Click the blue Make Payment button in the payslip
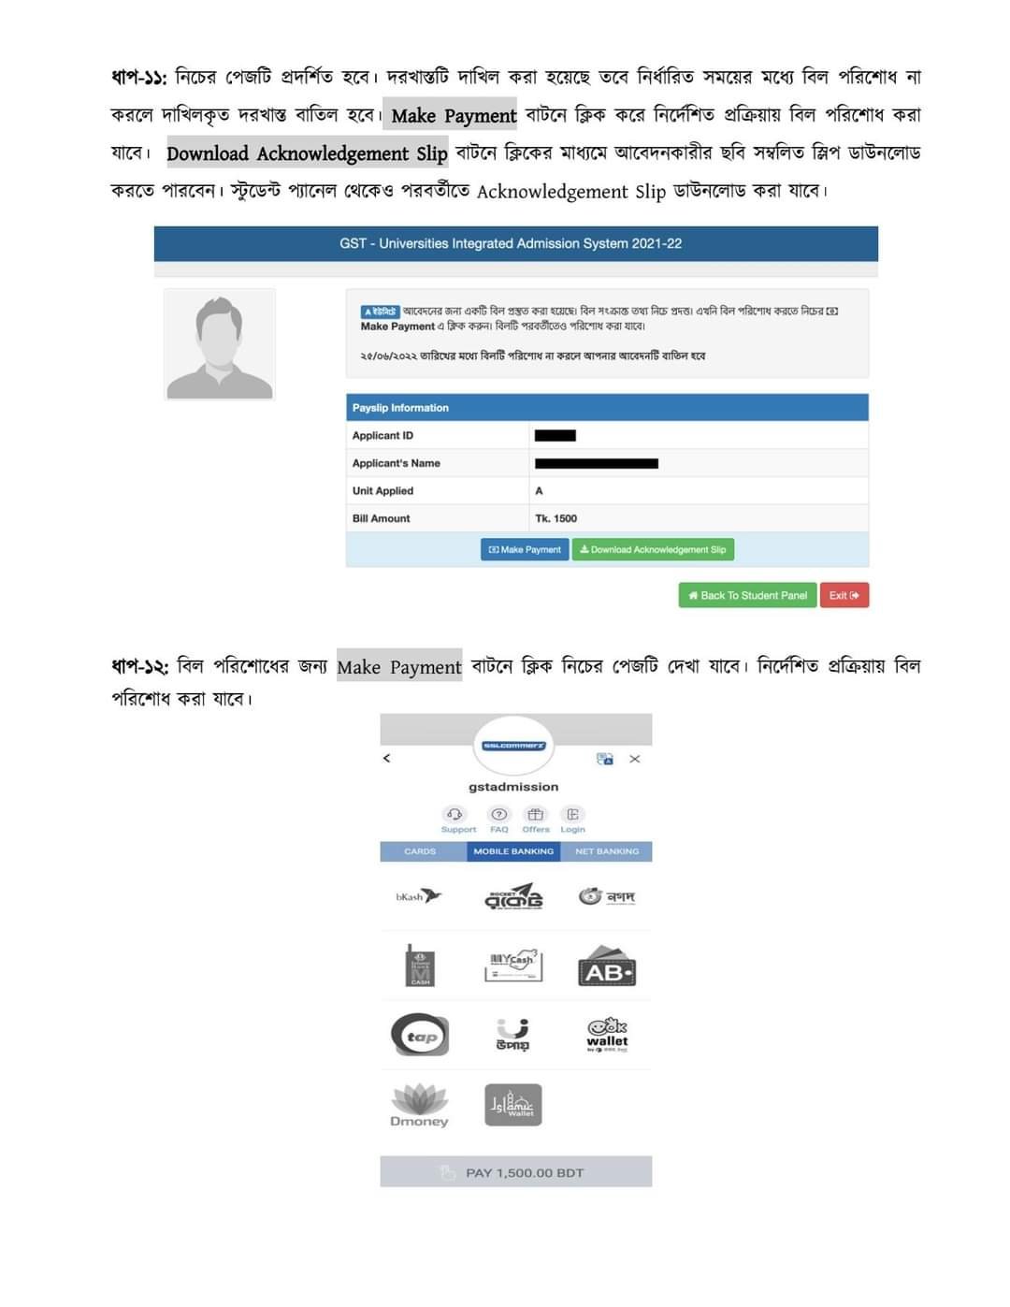[x=525, y=550]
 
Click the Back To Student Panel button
[x=747, y=596]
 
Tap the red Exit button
[x=844, y=596]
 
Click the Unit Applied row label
[x=382, y=491]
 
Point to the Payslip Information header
[x=400, y=408]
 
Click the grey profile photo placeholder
[x=220, y=344]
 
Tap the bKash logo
[x=418, y=896]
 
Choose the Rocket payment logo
[x=513, y=897]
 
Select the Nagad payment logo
[x=607, y=896]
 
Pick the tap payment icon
[x=420, y=1036]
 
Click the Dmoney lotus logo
[x=419, y=1104]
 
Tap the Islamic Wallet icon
[x=513, y=1105]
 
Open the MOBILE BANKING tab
[x=513, y=851]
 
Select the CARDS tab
[x=420, y=851]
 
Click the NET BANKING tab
[x=607, y=851]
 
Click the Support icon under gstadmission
[x=455, y=816]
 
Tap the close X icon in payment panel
[x=635, y=759]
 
